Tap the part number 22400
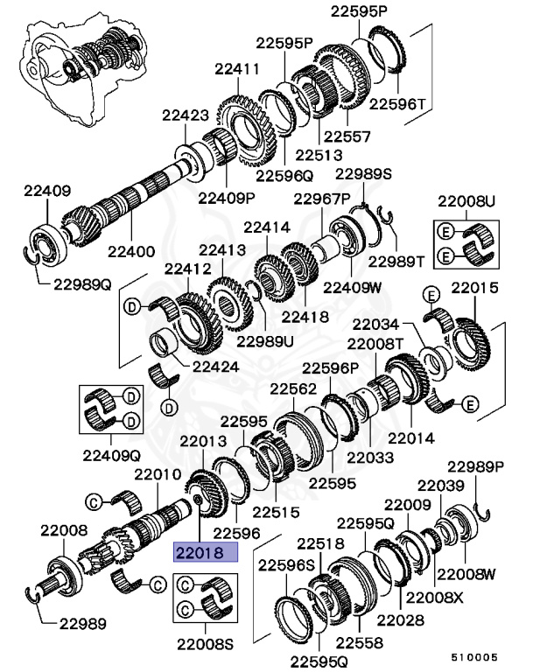[x=132, y=250]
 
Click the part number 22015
[x=475, y=287]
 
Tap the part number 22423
[x=184, y=114]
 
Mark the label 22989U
[x=266, y=340]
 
